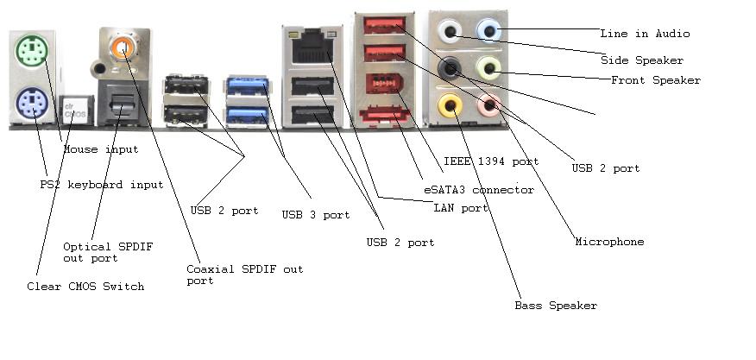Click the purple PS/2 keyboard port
[x=28, y=106]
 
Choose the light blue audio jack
[x=489, y=31]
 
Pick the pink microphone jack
[x=490, y=105]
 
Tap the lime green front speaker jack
[x=489, y=67]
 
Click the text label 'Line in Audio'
[x=645, y=34]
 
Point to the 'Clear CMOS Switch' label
[x=85, y=287]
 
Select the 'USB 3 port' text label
[x=316, y=215]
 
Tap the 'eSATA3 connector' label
[x=477, y=190]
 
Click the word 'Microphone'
[x=609, y=242]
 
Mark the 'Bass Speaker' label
[x=555, y=306]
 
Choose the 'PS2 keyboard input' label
[x=101, y=185]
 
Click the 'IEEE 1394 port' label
[x=490, y=161]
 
